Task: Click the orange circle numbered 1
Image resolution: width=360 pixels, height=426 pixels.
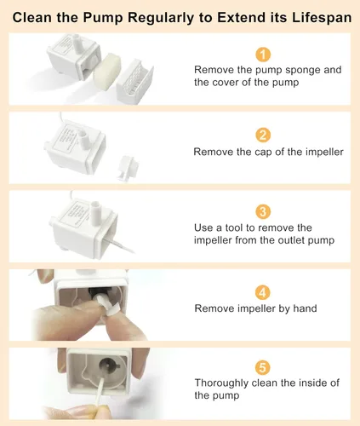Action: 263,55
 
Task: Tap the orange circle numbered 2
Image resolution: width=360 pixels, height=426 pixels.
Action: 263,135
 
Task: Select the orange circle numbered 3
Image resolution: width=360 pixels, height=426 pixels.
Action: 263,211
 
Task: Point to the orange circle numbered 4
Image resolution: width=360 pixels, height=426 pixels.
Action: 263,292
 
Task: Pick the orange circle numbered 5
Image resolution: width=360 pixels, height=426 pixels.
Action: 263,367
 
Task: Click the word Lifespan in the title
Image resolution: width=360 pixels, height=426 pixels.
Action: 322,18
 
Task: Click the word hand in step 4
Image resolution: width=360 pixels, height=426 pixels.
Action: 305,308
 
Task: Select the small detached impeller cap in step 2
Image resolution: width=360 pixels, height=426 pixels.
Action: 128,168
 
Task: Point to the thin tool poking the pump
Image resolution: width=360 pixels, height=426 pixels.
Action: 118,244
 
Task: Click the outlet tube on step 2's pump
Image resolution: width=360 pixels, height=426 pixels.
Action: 84,139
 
